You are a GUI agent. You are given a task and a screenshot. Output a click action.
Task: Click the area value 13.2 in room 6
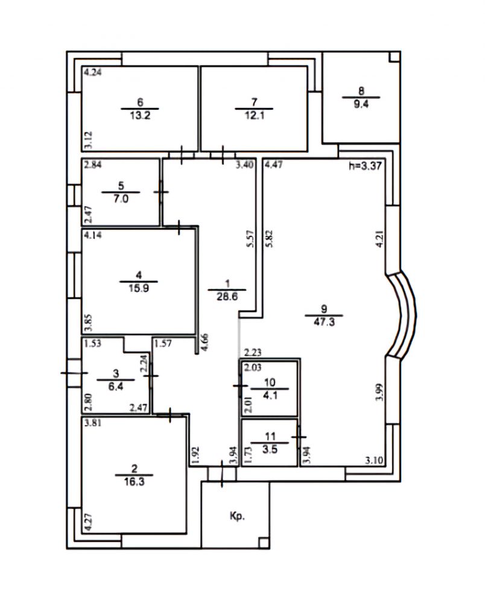click(x=140, y=115)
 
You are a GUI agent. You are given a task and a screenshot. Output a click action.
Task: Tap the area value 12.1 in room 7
click(x=254, y=115)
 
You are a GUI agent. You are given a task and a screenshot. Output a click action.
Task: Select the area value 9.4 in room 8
click(x=361, y=104)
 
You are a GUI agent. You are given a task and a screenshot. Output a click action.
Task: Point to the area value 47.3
click(x=324, y=322)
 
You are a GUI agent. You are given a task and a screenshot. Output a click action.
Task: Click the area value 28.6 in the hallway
click(x=227, y=297)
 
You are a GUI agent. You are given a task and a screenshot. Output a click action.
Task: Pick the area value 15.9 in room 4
click(x=139, y=288)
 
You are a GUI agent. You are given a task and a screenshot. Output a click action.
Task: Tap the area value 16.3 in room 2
click(x=135, y=481)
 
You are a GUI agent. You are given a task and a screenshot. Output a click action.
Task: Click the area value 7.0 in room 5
click(x=121, y=199)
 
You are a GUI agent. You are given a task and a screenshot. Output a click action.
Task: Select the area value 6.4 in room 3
click(x=116, y=387)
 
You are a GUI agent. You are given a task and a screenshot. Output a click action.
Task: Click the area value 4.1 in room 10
click(x=270, y=396)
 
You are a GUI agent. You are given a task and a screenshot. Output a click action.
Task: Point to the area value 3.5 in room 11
click(x=270, y=449)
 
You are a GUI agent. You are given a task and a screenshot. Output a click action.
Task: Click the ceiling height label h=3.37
click(x=365, y=166)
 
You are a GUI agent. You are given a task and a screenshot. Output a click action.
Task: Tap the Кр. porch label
click(x=237, y=516)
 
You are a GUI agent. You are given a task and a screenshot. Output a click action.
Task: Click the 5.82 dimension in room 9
click(x=269, y=238)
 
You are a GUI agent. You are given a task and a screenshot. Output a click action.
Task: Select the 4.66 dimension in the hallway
click(x=205, y=342)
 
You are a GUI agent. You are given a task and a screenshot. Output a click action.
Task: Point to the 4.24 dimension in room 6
click(x=93, y=72)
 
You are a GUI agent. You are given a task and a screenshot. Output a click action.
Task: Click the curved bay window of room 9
click(x=401, y=315)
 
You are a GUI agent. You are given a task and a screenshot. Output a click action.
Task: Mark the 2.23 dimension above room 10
click(x=253, y=352)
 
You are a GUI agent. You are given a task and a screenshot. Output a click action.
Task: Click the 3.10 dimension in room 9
click(x=374, y=460)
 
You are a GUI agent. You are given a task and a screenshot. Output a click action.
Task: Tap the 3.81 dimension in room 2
click(x=93, y=423)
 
